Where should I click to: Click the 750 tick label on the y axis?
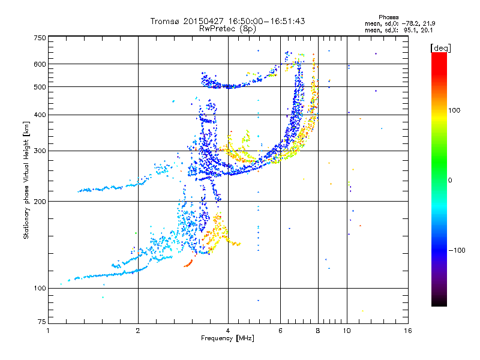(x=40, y=37)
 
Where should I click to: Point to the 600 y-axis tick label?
(x=40, y=64)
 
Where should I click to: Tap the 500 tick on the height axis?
(x=40, y=87)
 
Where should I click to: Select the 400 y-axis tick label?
(x=40, y=115)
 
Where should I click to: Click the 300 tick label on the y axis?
(x=40, y=151)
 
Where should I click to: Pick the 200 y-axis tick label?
(x=40, y=201)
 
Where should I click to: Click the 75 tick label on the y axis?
(x=41, y=322)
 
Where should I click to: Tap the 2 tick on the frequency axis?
(x=138, y=331)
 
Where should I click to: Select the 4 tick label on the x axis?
(x=228, y=331)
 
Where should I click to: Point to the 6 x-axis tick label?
(x=281, y=331)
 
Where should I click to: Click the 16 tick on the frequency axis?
(x=407, y=331)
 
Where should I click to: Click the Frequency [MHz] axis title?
(x=228, y=338)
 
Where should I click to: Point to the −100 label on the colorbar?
(x=458, y=250)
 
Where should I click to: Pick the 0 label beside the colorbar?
(x=451, y=180)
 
